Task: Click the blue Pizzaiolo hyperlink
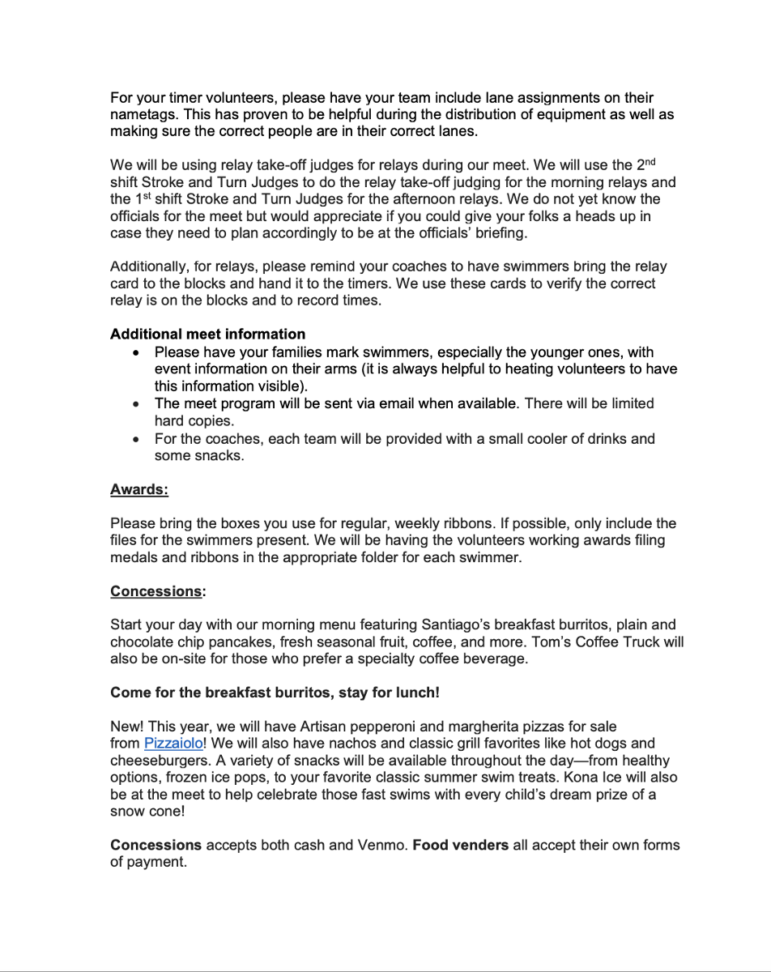coord(173,744)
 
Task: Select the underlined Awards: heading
coord(139,489)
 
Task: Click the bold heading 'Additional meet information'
coord(207,334)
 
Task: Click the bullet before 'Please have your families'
coord(136,353)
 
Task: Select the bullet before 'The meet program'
coord(136,403)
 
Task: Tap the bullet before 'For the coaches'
coord(136,439)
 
